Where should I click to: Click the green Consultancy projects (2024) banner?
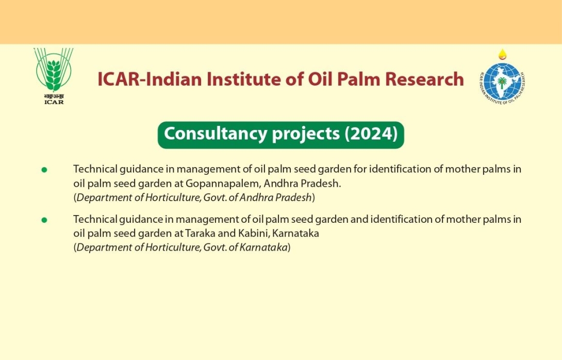(280, 135)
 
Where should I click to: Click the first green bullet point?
(44, 170)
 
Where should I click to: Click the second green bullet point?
(44, 220)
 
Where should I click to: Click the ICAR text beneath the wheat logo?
(54, 102)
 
